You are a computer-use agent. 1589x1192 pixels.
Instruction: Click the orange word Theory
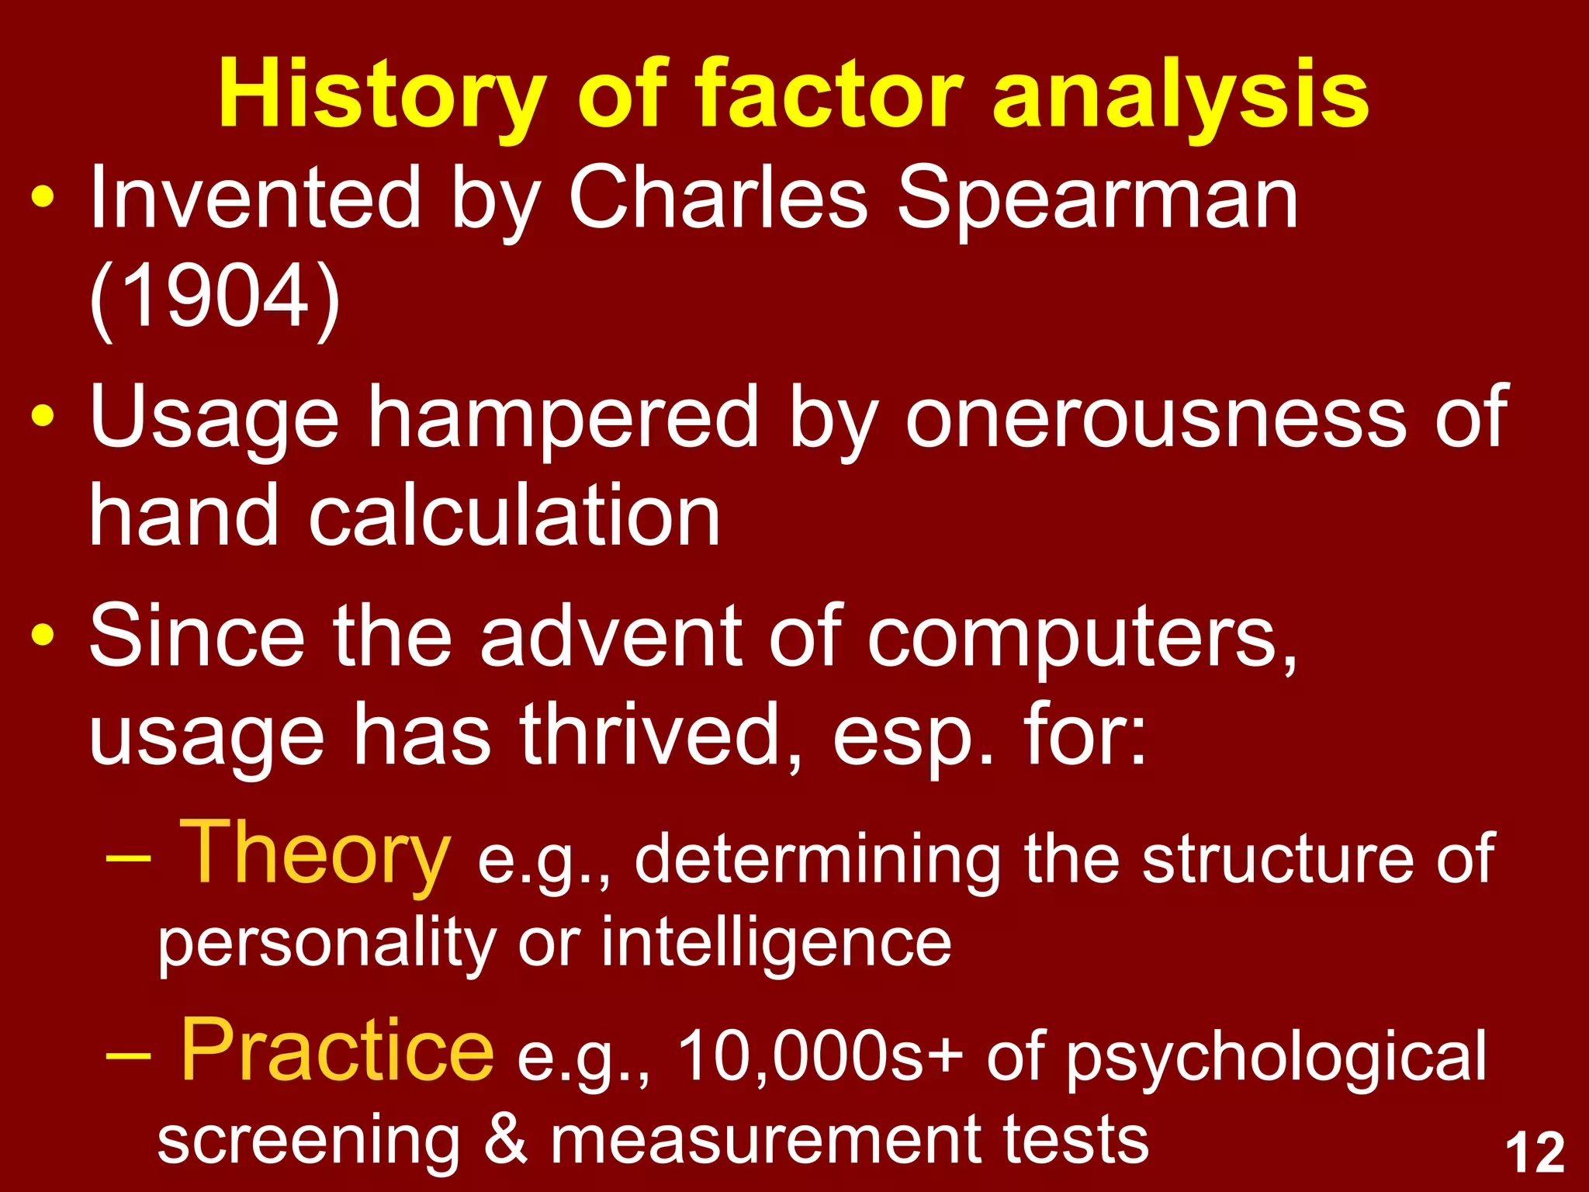315,853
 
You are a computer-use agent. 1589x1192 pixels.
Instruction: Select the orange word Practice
337,1051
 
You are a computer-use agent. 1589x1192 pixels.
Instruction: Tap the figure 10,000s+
820,1056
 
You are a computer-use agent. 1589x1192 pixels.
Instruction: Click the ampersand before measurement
505,1140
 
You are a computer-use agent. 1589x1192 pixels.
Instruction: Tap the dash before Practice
128,1056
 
